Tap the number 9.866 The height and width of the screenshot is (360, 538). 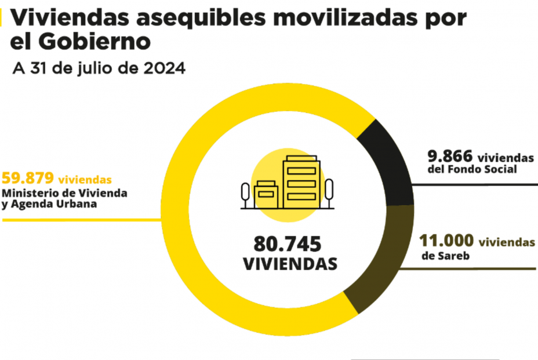pos(450,157)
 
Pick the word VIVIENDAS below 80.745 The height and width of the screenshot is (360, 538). pos(290,264)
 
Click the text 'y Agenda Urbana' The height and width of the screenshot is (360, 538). pos(49,204)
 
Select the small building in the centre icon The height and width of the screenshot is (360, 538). pos(266,193)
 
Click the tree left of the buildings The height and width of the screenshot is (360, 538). pos(246,193)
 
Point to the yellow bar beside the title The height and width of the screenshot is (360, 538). pos(2,19)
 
